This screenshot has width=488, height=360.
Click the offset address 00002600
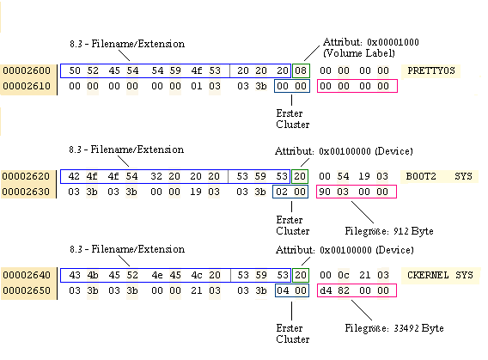(x=27, y=70)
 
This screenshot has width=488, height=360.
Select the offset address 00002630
(x=26, y=192)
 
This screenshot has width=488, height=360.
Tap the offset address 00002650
(x=27, y=290)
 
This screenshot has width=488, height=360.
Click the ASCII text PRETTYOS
(x=431, y=70)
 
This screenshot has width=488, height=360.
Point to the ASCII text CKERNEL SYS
(x=440, y=275)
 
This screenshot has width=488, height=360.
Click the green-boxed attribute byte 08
(x=301, y=70)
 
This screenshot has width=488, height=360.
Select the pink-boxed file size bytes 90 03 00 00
(x=357, y=192)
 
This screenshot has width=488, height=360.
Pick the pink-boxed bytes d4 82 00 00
(x=357, y=290)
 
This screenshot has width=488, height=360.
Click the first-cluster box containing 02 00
(x=290, y=192)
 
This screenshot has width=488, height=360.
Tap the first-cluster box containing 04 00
(x=292, y=290)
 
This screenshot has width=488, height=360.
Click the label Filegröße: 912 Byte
(x=389, y=231)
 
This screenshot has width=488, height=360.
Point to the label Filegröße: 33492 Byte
(x=394, y=328)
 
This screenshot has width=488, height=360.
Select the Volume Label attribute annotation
(x=370, y=47)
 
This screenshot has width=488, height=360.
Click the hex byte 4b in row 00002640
(x=93, y=275)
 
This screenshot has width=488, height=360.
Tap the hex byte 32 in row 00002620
(x=156, y=176)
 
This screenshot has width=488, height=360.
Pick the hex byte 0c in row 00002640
(x=344, y=275)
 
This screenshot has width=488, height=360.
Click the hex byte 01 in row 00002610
(x=197, y=86)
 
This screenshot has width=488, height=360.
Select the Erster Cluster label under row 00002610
(x=293, y=119)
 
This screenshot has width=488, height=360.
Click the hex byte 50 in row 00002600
(x=75, y=70)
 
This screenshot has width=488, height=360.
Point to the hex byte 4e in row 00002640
(x=157, y=275)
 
